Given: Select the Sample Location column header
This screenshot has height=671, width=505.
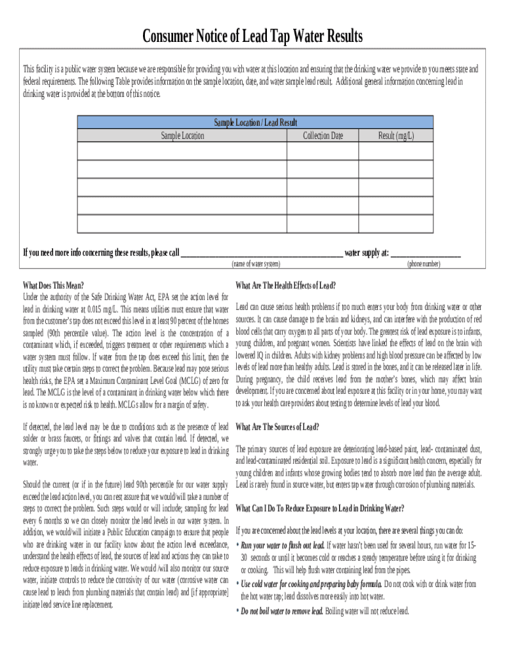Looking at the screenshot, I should tap(182, 136).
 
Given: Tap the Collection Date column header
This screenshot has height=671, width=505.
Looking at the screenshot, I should tap(323, 136).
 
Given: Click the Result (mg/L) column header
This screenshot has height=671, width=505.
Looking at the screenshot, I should tap(395, 136).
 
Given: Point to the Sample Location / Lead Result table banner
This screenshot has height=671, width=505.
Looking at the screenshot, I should tap(255, 123).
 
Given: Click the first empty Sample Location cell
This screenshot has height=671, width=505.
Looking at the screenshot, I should tap(182, 151).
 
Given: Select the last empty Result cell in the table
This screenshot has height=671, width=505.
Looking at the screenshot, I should tap(395, 223).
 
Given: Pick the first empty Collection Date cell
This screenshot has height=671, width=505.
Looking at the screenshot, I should tap(323, 151).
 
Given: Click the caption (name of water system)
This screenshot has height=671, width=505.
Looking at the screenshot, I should tap(256, 263).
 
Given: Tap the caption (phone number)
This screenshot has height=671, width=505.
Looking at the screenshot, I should tap(423, 263).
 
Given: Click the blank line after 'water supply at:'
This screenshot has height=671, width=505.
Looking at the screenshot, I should tap(426, 253).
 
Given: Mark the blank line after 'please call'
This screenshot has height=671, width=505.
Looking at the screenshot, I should tap(261, 253).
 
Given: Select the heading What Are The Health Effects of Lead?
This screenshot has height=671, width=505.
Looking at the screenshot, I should tap(285, 285).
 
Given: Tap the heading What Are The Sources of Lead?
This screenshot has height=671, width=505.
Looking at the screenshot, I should tap(277, 427).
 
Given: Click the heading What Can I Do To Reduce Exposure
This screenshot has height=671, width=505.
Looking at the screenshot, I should tap(319, 508).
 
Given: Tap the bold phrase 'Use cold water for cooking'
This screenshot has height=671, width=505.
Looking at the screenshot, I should tap(311, 584).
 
